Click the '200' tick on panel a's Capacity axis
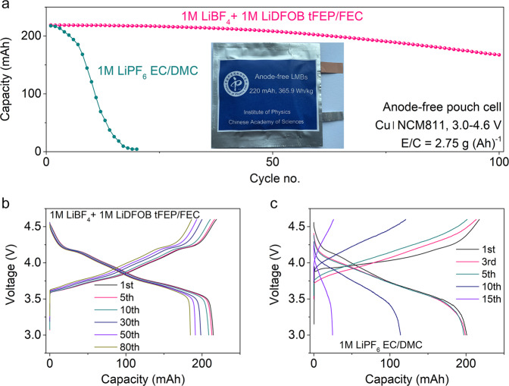31,36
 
